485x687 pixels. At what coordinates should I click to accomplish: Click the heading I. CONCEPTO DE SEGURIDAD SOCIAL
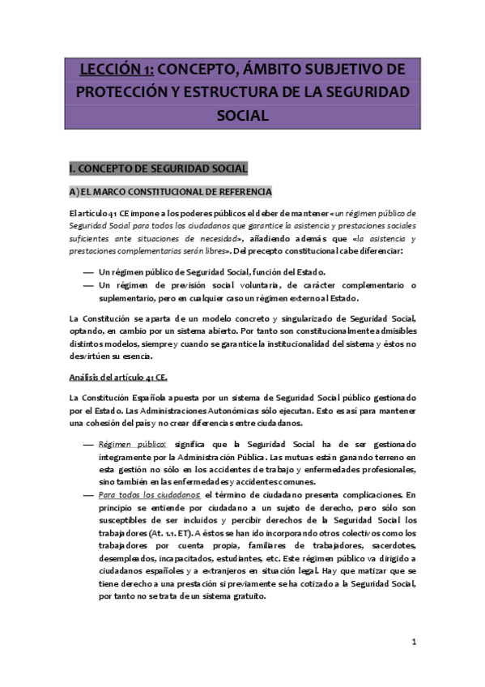pos(158,169)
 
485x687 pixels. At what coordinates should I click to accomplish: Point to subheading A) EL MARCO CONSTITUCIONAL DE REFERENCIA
pos(170,191)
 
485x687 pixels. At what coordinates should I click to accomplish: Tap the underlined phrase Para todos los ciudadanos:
pos(150,493)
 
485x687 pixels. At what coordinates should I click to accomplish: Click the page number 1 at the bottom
pos(413,642)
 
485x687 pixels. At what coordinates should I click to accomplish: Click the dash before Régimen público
pos(88,444)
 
